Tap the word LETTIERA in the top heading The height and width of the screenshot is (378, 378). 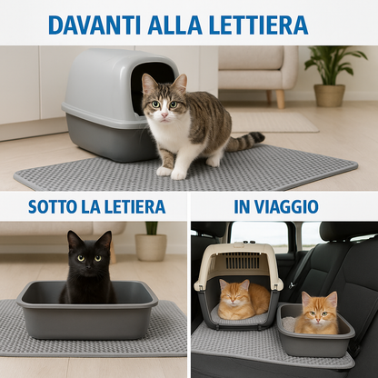point(258,25)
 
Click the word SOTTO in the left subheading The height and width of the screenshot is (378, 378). point(53,206)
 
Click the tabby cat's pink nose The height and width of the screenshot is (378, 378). point(164,115)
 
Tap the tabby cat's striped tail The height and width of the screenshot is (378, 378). point(244,141)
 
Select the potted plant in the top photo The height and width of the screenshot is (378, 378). point(332,75)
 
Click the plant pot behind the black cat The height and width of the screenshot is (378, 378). point(151,247)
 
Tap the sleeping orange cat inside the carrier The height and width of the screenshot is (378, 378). point(244,300)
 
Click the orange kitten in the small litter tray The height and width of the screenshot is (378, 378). point(317,313)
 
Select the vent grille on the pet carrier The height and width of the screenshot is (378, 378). point(243,261)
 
